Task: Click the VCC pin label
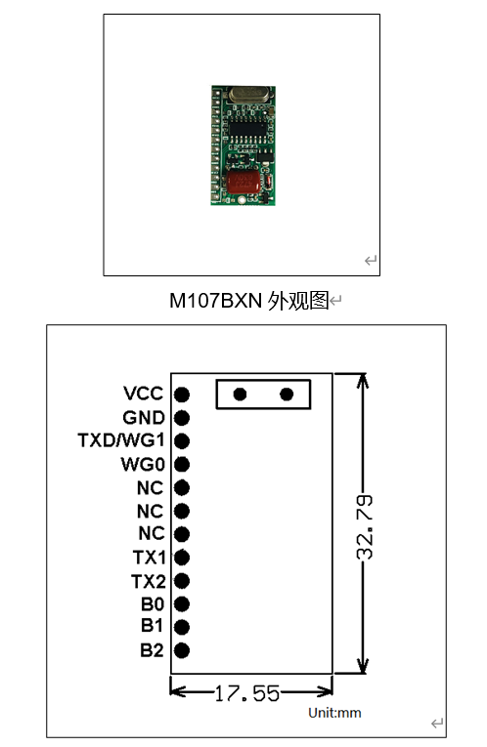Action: pyautogui.click(x=143, y=394)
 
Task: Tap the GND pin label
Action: pyautogui.click(x=144, y=417)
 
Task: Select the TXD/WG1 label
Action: pyautogui.click(x=120, y=440)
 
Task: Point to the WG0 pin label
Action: pyautogui.click(x=143, y=464)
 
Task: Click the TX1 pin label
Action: pyautogui.click(x=149, y=558)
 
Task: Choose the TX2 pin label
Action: pyautogui.click(x=149, y=581)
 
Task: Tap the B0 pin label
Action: pyautogui.click(x=153, y=604)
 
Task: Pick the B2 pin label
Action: pyautogui.click(x=152, y=650)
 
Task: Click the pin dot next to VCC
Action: pyautogui.click(x=182, y=394)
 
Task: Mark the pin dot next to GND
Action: pyautogui.click(x=182, y=418)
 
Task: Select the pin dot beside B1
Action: pyautogui.click(x=182, y=627)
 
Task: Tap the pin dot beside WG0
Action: pyautogui.click(x=182, y=465)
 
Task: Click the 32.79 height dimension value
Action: pyautogui.click(x=365, y=527)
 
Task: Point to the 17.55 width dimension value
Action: pyautogui.click(x=247, y=693)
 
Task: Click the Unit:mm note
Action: pyautogui.click(x=334, y=713)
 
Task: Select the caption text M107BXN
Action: pyautogui.click(x=215, y=301)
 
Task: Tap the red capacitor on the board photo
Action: pyautogui.click(x=243, y=182)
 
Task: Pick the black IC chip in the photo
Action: pyautogui.click(x=247, y=128)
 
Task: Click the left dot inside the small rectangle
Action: pyautogui.click(x=240, y=394)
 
